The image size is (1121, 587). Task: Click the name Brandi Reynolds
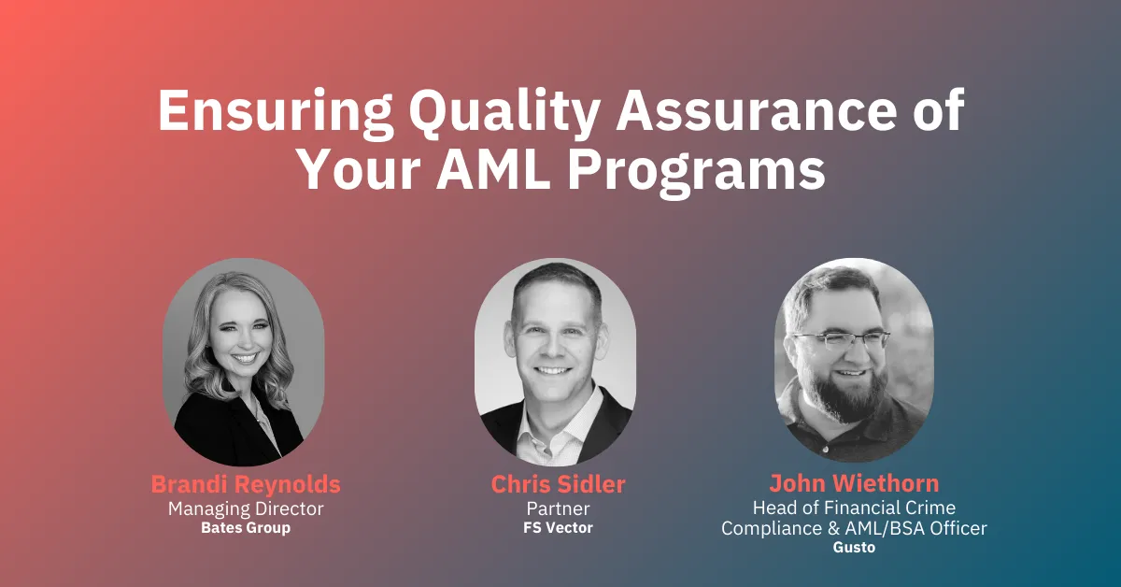pyautogui.click(x=246, y=485)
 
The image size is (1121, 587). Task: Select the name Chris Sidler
pyautogui.click(x=559, y=485)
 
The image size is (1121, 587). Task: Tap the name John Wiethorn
pyautogui.click(x=854, y=484)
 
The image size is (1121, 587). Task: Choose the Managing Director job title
pyautogui.click(x=246, y=508)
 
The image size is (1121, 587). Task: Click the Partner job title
pyautogui.click(x=559, y=508)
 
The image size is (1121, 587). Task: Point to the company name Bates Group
pyautogui.click(x=246, y=528)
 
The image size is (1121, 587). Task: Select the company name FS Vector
pyautogui.click(x=559, y=528)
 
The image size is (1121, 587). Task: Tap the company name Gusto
pyautogui.click(x=854, y=548)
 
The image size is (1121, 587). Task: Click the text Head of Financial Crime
pyautogui.click(x=854, y=508)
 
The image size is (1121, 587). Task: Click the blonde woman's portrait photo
pyautogui.click(x=245, y=360)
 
